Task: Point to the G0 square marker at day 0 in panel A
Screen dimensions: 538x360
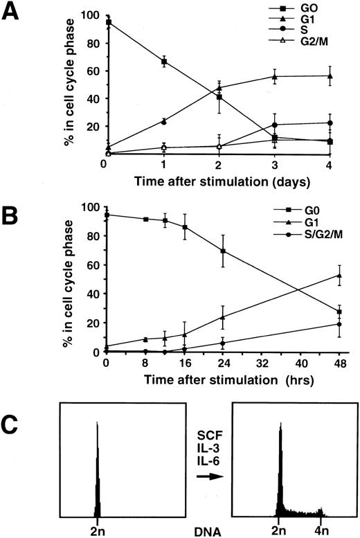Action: coord(109,22)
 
